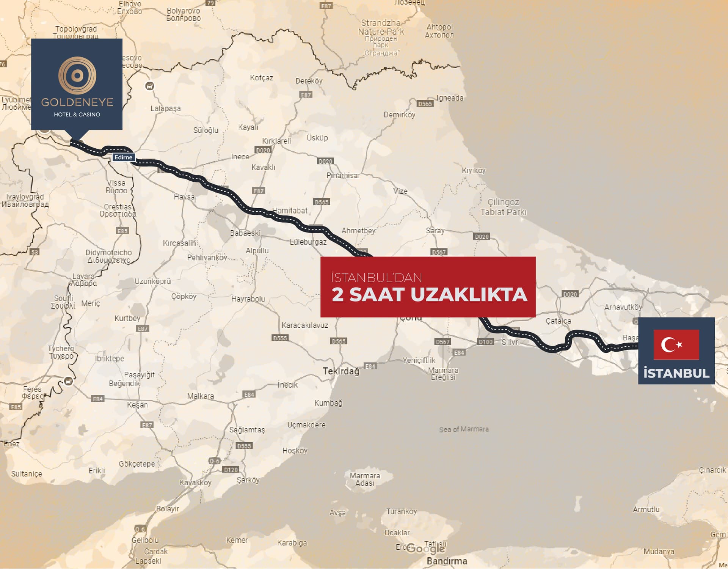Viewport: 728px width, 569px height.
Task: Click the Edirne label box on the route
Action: (x=123, y=157)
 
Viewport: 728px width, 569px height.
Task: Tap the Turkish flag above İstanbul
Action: (x=676, y=344)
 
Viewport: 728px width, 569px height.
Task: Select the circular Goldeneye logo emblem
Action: (x=77, y=75)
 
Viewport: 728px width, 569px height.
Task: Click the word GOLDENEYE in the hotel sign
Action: (x=77, y=102)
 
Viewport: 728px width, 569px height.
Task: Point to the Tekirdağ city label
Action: (x=341, y=371)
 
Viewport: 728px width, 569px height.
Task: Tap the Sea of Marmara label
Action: (x=464, y=429)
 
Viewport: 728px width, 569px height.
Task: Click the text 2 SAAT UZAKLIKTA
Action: (x=429, y=295)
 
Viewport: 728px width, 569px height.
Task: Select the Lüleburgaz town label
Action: (x=308, y=242)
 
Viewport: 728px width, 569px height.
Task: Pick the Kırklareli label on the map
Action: (x=276, y=141)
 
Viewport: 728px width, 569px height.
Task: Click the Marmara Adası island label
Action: (x=365, y=479)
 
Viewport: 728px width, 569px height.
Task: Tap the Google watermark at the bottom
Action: (x=425, y=549)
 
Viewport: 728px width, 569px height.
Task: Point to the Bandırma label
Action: (x=447, y=561)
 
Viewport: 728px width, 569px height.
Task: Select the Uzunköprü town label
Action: (x=153, y=281)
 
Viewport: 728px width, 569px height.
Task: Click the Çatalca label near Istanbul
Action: (x=558, y=321)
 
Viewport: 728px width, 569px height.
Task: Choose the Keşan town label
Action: (x=137, y=405)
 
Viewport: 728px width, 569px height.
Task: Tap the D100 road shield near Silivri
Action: (x=485, y=342)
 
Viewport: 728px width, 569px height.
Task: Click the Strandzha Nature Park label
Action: (x=381, y=27)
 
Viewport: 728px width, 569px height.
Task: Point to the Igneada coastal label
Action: (x=450, y=98)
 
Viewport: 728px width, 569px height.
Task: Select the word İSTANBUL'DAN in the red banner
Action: (x=376, y=278)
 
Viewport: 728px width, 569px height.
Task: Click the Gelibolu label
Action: (x=145, y=540)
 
